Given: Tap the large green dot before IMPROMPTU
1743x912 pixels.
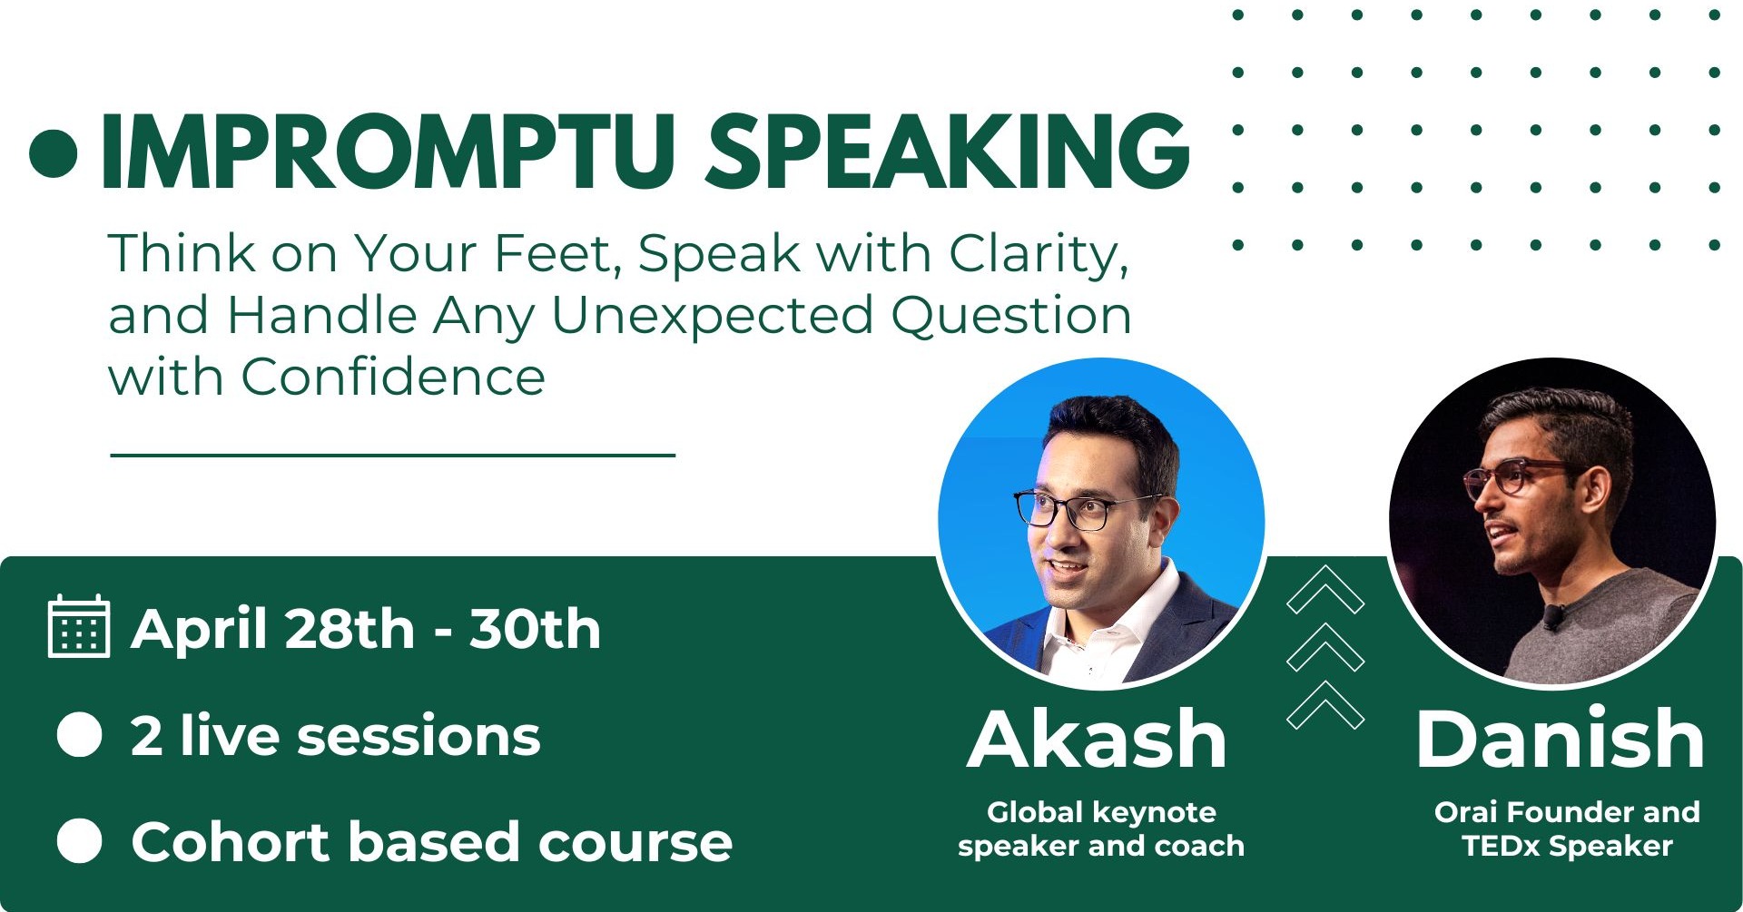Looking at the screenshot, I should (53, 152).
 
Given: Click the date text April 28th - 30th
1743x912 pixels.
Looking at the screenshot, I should (366, 629).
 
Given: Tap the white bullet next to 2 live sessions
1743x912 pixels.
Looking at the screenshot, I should (79, 734).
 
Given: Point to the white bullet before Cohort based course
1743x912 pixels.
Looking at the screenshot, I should (79, 840).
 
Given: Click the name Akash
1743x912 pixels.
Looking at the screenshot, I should (1098, 740).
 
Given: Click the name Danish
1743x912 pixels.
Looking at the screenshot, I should (1560, 740).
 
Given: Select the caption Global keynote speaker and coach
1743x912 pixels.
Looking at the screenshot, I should (1100, 829).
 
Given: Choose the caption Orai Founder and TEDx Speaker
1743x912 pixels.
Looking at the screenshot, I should (1567, 829).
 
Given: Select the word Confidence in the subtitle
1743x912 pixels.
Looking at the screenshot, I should (392, 377).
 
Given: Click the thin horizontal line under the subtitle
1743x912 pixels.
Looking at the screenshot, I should (392, 455).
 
